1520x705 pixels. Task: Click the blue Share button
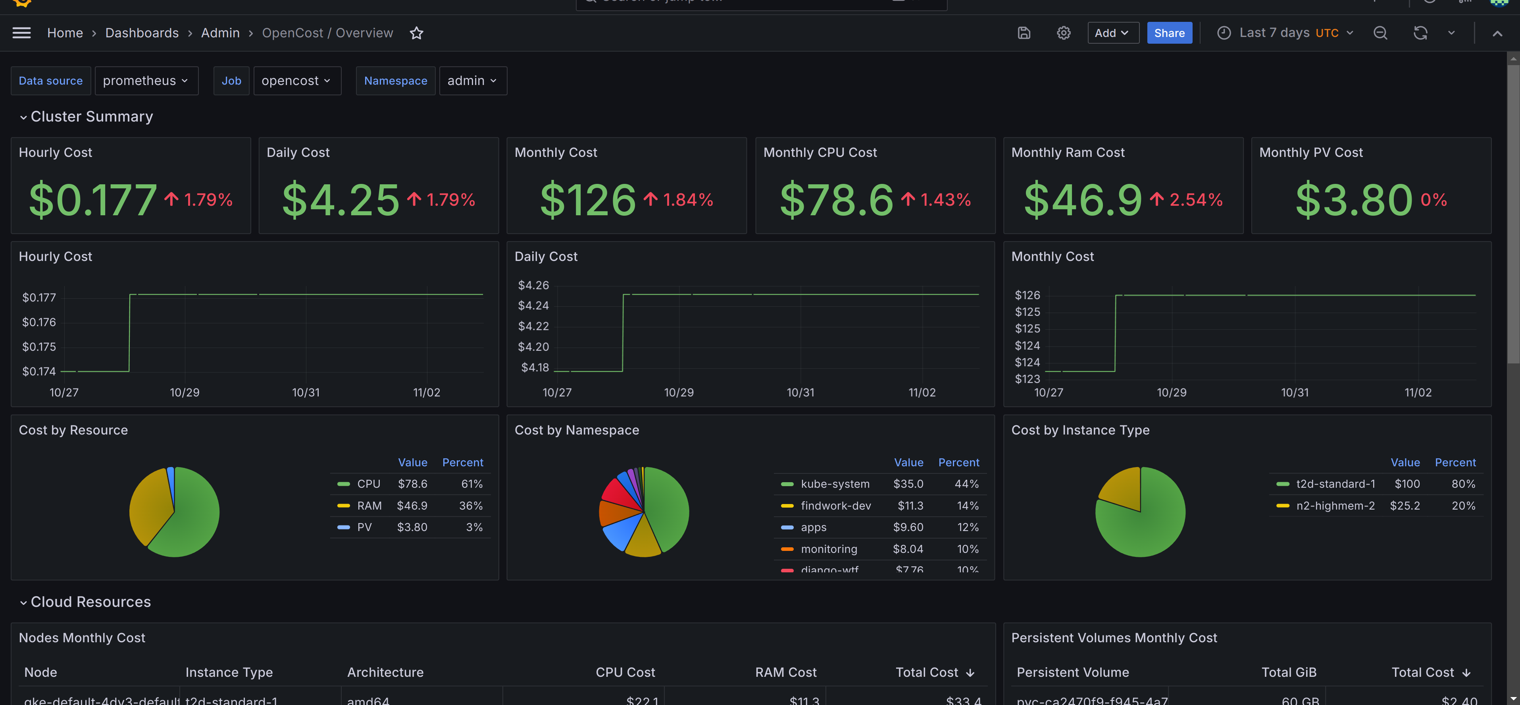click(x=1169, y=33)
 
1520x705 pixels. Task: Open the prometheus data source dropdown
click(x=146, y=81)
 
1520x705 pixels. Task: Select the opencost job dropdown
click(x=296, y=81)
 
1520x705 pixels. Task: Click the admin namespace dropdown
click(x=472, y=81)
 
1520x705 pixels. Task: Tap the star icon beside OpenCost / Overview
click(x=417, y=33)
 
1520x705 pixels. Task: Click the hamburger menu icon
click(x=22, y=33)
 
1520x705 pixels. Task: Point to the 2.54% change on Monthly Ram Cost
click(x=1195, y=199)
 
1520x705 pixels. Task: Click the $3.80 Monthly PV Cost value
click(x=1354, y=199)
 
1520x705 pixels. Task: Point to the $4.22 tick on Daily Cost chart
click(x=533, y=326)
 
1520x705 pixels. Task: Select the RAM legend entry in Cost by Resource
click(x=369, y=506)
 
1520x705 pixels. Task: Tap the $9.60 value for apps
click(x=908, y=527)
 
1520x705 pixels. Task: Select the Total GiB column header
click(x=1289, y=672)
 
